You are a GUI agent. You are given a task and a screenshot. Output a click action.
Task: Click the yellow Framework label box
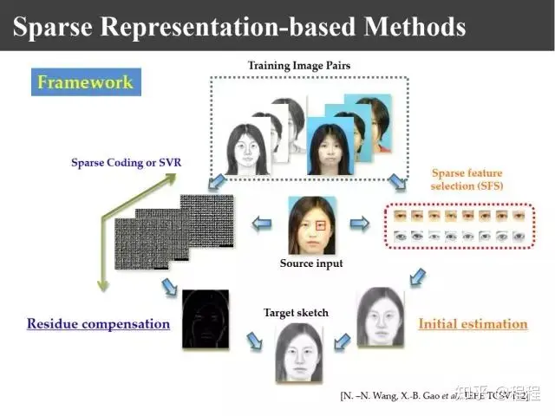click(x=85, y=82)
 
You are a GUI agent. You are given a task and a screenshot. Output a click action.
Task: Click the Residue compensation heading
click(x=98, y=323)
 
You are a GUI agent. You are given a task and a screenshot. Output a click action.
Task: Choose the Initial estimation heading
click(x=473, y=323)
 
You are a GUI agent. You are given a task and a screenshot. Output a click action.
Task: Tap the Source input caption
click(x=311, y=263)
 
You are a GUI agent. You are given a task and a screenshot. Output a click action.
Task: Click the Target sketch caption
click(x=296, y=312)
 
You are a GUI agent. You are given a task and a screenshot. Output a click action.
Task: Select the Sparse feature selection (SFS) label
click(x=467, y=179)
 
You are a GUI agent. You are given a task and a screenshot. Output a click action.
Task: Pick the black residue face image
click(x=206, y=319)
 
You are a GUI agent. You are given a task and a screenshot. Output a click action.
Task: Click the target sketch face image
click(x=298, y=352)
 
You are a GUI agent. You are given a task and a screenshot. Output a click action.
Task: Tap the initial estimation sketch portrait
click(x=380, y=317)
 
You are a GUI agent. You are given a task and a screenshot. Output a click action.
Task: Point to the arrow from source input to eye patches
click(x=362, y=224)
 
